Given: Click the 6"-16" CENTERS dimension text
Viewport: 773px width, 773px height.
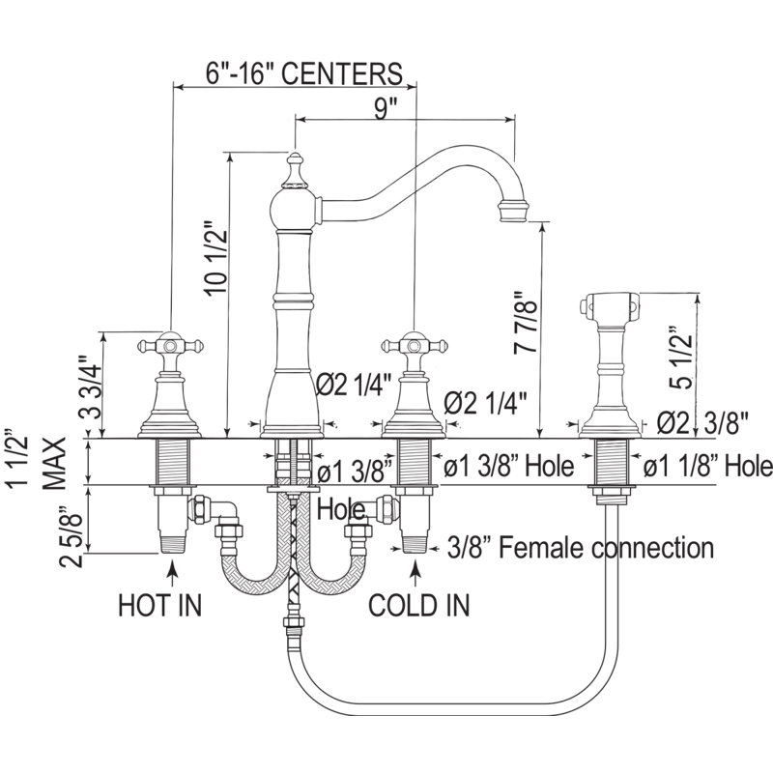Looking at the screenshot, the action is coord(303,73).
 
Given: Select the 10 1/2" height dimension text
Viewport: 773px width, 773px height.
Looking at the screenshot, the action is coord(216,257).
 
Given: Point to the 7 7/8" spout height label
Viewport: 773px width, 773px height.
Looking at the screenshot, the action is coord(525,323).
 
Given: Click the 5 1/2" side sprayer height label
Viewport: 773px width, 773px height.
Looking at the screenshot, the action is coord(681,358).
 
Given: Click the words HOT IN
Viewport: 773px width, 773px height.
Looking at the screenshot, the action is coord(160,605).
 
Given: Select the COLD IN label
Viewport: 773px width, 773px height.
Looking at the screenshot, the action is coord(419,605).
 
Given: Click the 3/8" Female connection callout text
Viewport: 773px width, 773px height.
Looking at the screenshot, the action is coord(581,547).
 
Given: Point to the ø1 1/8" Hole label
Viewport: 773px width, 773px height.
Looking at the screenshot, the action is coord(708,466).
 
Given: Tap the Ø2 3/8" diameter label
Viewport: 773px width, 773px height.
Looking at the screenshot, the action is coord(702,423).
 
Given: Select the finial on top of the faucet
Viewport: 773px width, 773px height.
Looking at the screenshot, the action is coord(295,171).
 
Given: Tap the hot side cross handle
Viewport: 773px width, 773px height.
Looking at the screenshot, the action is coord(170,346).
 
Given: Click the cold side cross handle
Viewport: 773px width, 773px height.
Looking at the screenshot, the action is coord(415,346).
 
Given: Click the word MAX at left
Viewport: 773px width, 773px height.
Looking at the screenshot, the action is coord(54,463).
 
